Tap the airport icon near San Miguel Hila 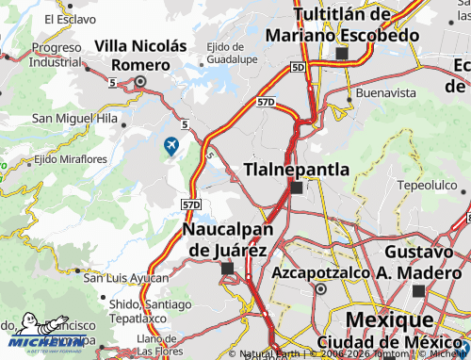tap(171, 145)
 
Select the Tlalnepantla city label tap(297, 169)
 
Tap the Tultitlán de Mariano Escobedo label tap(341, 25)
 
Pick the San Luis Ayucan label tap(125, 278)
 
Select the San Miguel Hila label tap(74, 119)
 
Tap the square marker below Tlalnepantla tap(297, 188)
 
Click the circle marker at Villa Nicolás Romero tap(140, 81)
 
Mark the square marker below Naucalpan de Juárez tap(227, 269)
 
